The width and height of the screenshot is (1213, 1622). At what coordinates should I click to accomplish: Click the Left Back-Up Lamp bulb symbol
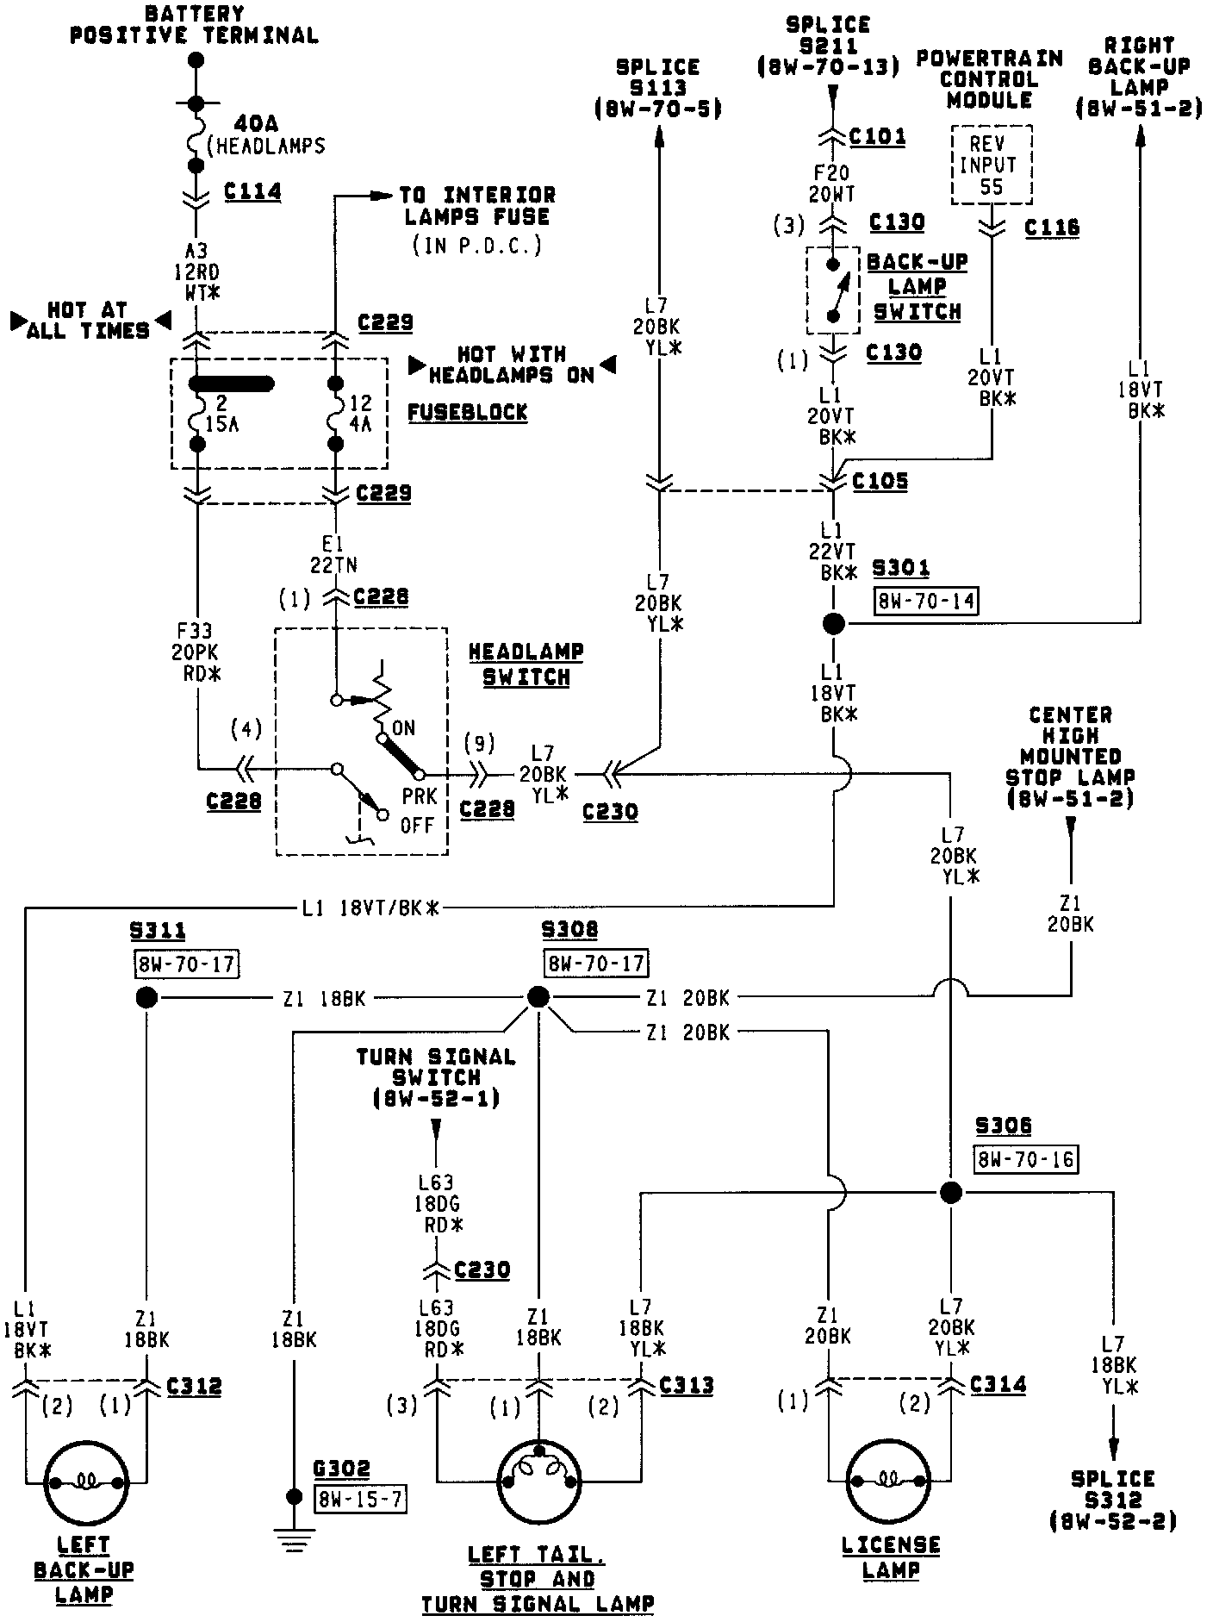(x=86, y=1482)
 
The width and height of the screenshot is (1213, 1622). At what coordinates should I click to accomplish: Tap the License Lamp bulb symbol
(x=890, y=1482)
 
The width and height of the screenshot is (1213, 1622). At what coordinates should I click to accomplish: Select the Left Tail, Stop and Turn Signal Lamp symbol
(x=539, y=1482)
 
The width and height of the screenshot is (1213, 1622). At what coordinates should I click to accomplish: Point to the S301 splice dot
(x=833, y=624)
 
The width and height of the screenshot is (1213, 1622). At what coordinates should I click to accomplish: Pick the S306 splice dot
(x=950, y=1193)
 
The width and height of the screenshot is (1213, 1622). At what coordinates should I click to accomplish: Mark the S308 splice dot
(x=538, y=998)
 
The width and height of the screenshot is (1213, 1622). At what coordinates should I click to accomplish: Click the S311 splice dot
(x=146, y=998)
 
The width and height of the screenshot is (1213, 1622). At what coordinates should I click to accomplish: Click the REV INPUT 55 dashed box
(x=992, y=165)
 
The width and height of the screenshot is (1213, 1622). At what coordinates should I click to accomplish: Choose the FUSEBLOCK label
(x=467, y=412)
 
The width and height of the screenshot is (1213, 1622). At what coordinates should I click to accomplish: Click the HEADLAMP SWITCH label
(x=526, y=664)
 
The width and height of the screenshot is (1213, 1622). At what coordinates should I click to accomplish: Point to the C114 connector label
(x=252, y=191)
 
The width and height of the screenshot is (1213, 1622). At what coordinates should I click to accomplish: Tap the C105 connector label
(x=880, y=481)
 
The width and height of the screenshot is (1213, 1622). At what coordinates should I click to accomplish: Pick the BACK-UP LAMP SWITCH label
(x=917, y=286)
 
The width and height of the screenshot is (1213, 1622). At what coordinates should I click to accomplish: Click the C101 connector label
(x=877, y=136)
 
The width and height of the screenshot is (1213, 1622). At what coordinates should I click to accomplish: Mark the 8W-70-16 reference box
(x=1026, y=1159)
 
